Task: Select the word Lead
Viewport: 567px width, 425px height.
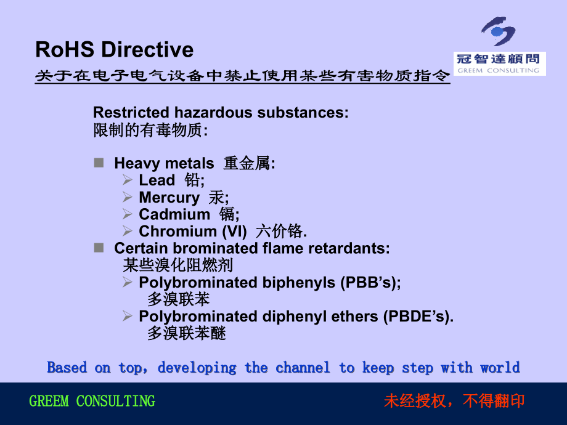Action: click(157, 180)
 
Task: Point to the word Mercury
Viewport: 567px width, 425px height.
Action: click(169, 198)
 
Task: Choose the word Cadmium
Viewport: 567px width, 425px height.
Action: click(174, 214)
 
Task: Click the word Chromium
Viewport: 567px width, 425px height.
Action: click(178, 232)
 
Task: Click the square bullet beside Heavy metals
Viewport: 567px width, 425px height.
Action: click(99, 163)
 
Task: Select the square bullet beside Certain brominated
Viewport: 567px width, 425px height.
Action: click(99, 248)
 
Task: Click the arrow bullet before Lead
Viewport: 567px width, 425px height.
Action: click(127, 180)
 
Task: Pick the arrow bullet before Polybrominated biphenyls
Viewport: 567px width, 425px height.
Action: click(127, 282)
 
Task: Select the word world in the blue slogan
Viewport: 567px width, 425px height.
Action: click(500, 368)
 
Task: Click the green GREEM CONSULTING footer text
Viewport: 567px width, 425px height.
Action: click(92, 402)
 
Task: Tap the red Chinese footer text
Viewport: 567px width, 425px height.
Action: click(454, 402)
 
